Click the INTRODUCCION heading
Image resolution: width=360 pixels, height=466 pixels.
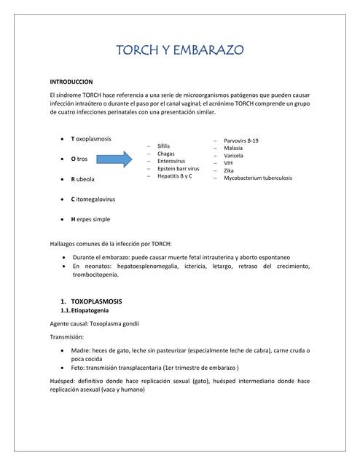71,82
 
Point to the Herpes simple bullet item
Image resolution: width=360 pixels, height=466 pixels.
90,218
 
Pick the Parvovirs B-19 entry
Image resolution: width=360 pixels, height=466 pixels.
240,140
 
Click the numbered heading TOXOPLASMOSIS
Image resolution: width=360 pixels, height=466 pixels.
95,301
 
